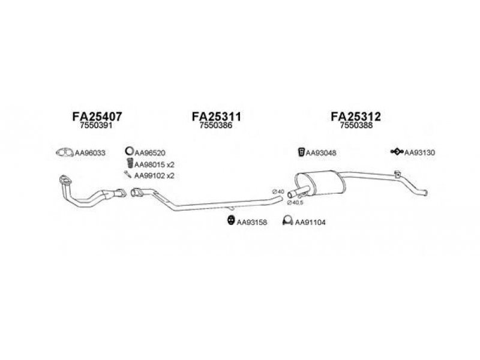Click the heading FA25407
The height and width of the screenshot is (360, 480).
[x=97, y=116]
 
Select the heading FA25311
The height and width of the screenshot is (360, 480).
[x=217, y=116]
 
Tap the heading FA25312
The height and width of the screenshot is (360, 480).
[x=356, y=116]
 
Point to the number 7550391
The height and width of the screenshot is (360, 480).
[x=96, y=125]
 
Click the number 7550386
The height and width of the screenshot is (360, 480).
[x=216, y=125]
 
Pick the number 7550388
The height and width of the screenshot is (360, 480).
[x=356, y=125]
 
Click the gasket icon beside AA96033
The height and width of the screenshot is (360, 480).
[x=65, y=152]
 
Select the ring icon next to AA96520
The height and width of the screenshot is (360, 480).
[x=129, y=151]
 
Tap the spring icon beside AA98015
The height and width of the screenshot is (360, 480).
[x=130, y=163]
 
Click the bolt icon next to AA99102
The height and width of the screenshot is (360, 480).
[x=128, y=175]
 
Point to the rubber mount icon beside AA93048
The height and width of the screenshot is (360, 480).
[x=301, y=152]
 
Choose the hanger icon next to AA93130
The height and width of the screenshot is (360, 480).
[x=397, y=151]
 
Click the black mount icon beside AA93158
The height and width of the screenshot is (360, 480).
[x=231, y=220]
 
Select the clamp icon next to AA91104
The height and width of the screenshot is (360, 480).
[x=288, y=220]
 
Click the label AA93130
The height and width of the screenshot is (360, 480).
[x=419, y=152]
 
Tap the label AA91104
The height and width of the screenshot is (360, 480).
[x=310, y=222]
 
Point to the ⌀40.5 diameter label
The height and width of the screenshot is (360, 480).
[x=295, y=203]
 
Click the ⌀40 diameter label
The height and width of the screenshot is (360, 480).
[x=278, y=191]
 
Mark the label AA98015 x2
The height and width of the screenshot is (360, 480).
[x=154, y=164]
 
